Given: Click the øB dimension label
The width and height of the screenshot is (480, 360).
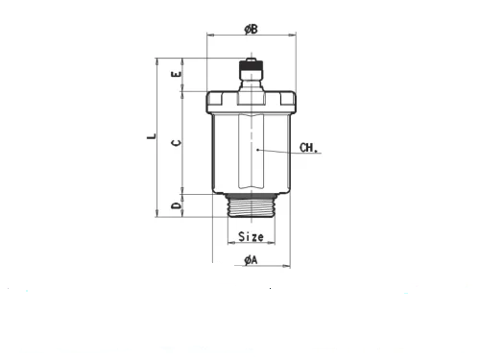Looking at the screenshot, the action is [x=251, y=30].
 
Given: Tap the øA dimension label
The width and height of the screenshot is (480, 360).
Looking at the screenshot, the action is [x=251, y=260].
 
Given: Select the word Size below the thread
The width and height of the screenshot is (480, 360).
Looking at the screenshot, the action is [x=251, y=237].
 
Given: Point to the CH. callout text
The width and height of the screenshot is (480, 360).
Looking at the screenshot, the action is [x=308, y=148].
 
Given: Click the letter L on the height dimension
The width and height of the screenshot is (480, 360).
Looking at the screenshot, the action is [x=152, y=136].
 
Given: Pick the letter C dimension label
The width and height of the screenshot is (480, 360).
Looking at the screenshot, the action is [x=177, y=143].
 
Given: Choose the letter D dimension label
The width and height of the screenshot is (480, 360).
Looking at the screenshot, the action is [x=177, y=205].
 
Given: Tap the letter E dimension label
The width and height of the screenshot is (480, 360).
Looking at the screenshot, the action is [x=177, y=74].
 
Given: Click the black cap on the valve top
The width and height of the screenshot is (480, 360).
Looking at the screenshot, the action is [x=252, y=66].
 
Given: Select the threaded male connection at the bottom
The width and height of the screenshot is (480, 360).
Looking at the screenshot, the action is [x=252, y=207].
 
